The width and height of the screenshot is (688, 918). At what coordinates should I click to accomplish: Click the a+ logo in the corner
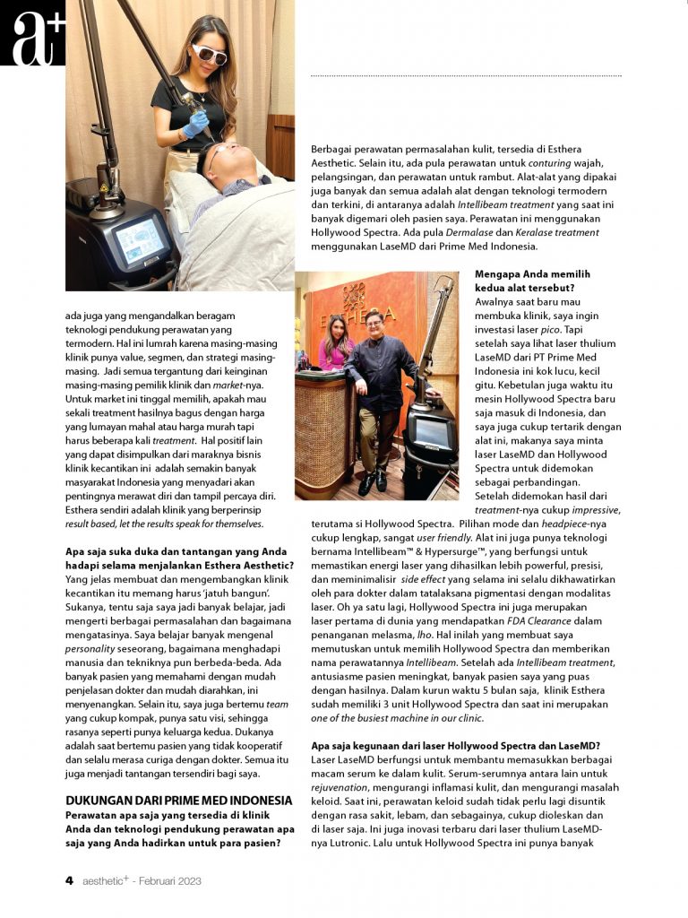coord(32,33)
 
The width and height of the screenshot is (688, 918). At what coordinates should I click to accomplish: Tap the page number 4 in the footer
coord(69,880)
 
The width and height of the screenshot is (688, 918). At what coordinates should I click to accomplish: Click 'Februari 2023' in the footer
coord(171,881)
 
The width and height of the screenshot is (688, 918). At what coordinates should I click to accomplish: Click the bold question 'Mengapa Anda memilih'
coord(532,274)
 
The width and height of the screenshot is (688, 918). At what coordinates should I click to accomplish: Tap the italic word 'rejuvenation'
coord(341,787)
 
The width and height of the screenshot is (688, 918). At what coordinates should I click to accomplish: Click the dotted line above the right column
coord(466,76)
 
